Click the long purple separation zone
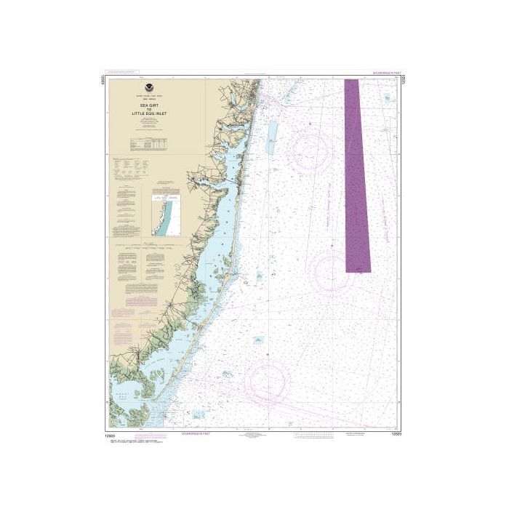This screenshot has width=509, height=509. coord(356,175)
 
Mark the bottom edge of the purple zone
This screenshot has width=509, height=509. coord(358,271)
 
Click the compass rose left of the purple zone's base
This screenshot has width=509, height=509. coord(330,269)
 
